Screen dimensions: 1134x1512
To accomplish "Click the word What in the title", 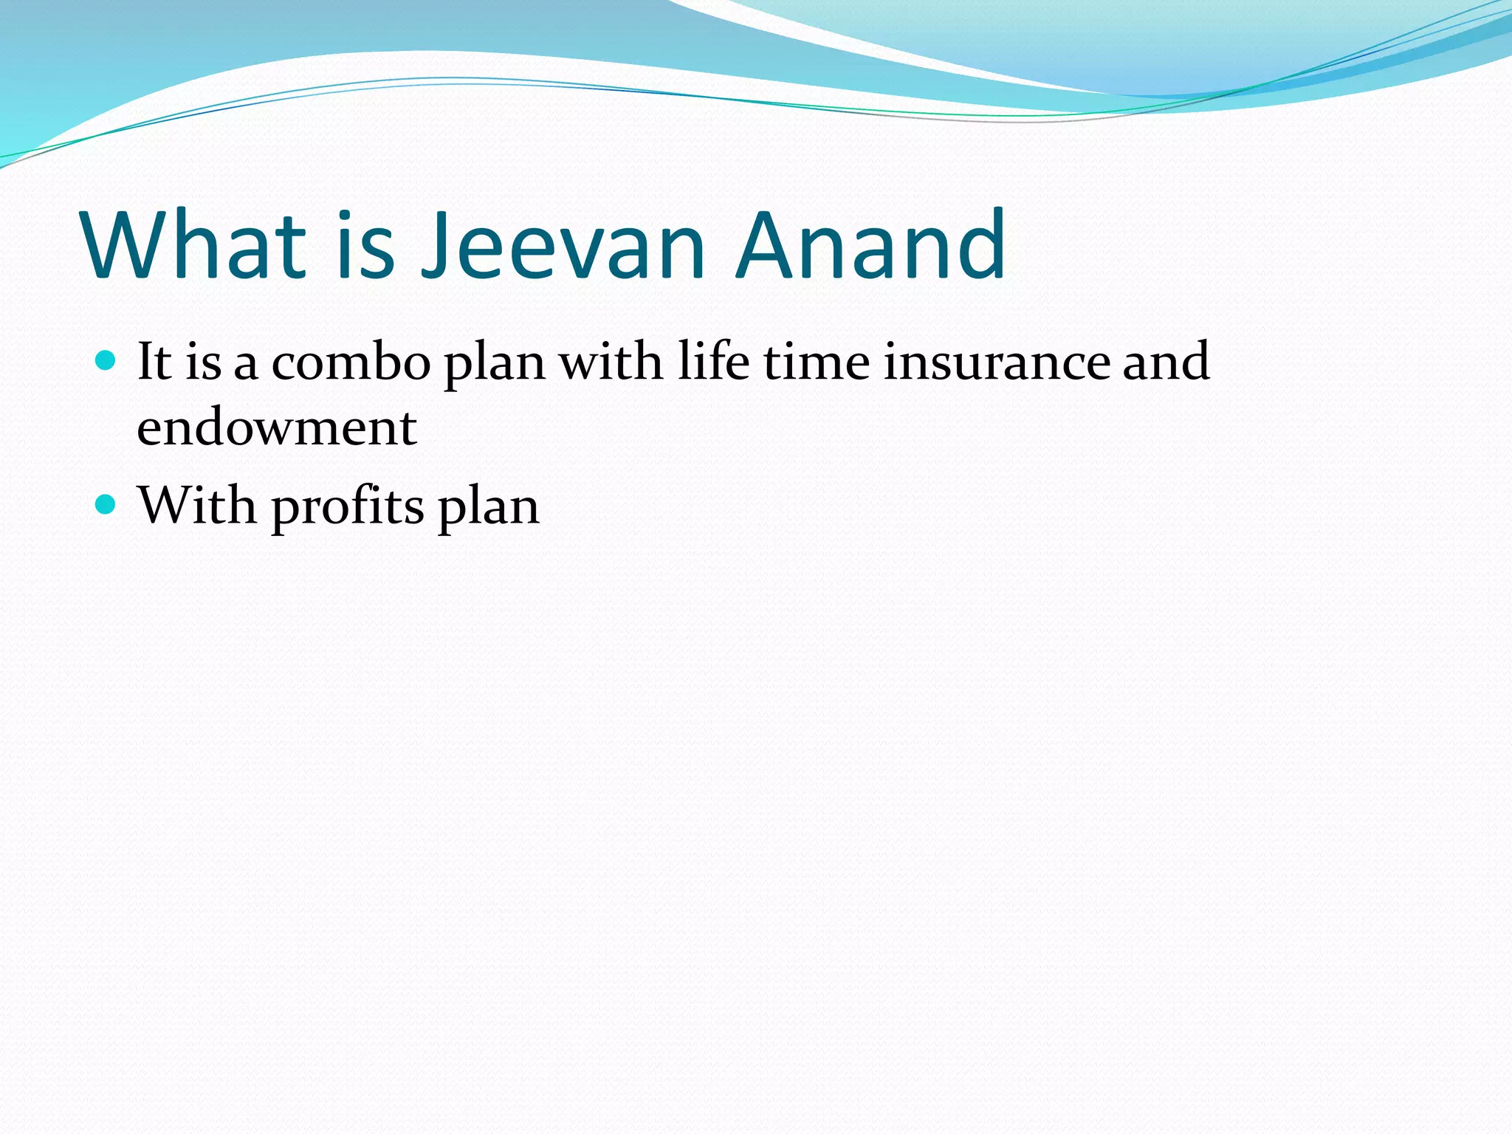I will pyautogui.click(x=194, y=245).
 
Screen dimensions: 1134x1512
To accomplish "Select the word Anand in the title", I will pyautogui.click(x=871, y=245).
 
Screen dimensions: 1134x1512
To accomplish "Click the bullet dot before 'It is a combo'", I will pyautogui.click(x=106, y=361).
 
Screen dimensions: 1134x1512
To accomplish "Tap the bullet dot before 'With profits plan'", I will pyautogui.click(x=106, y=505).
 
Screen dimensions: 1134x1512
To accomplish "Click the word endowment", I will pyautogui.click(x=277, y=427).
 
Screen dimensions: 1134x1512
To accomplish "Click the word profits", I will pyautogui.click(x=348, y=508).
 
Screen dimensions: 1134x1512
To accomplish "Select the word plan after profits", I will pyautogui.click(x=489, y=508).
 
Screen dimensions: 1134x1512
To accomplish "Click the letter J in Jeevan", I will pyautogui.click(x=434, y=245).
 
